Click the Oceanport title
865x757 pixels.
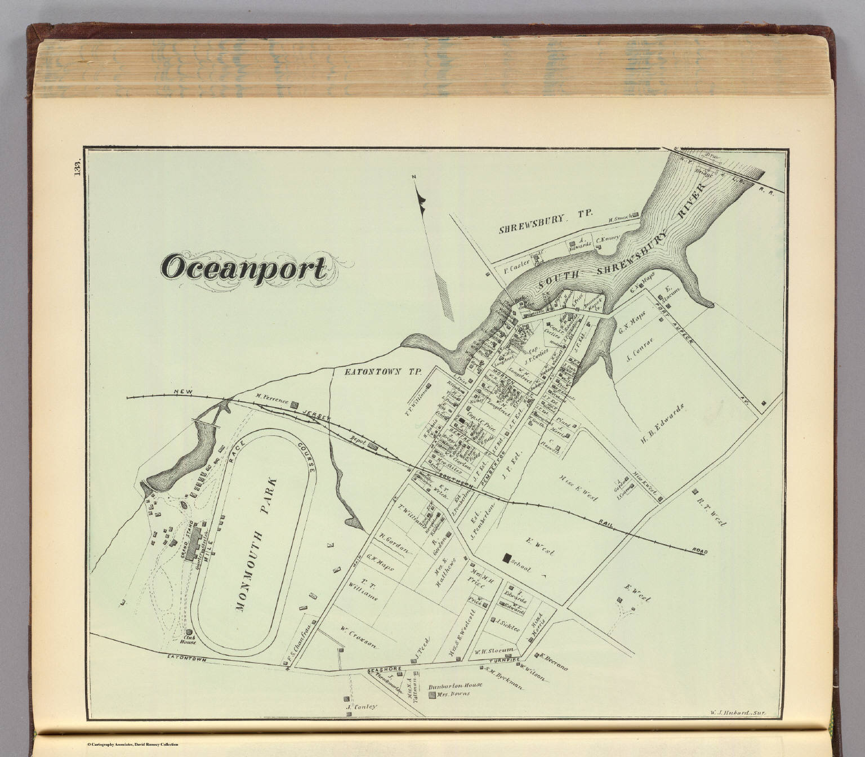[243, 268]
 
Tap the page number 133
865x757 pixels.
[77, 167]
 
